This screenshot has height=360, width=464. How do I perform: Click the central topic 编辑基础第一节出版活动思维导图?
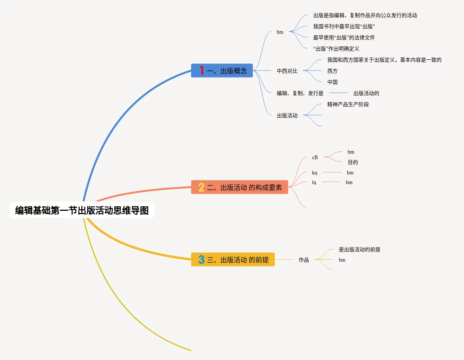click(x=82, y=210)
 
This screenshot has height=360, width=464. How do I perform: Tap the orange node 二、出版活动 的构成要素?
click(x=244, y=187)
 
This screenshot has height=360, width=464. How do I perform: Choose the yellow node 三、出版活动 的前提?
click(x=238, y=260)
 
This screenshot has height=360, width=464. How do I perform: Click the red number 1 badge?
click(x=201, y=71)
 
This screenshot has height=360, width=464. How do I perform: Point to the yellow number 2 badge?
click(x=201, y=187)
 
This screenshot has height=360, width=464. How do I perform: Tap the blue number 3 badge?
click(x=201, y=259)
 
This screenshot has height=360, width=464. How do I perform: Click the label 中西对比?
click(x=287, y=71)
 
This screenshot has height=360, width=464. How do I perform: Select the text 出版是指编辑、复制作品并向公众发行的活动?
click(x=365, y=15)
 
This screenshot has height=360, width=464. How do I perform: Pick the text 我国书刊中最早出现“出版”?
click(x=344, y=26)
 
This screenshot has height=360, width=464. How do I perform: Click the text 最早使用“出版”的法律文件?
click(x=344, y=37)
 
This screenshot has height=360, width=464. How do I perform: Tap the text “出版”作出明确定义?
click(x=336, y=49)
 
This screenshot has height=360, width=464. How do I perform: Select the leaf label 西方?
click(x=332, y=71)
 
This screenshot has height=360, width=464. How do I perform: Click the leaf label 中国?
click(x=332, y=82)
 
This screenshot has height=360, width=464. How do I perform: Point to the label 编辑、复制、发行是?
click(x=300, y=93)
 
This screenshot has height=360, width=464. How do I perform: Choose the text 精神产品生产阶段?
click(x=348, y=104)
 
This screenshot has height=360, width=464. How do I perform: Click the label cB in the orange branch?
click(x=315, y=157)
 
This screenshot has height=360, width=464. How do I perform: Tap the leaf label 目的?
click(x=353, y=162)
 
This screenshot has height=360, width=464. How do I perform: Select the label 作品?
click(x=304, y=260)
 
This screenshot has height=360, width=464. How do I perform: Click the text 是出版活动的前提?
click(x=359, y=249)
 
